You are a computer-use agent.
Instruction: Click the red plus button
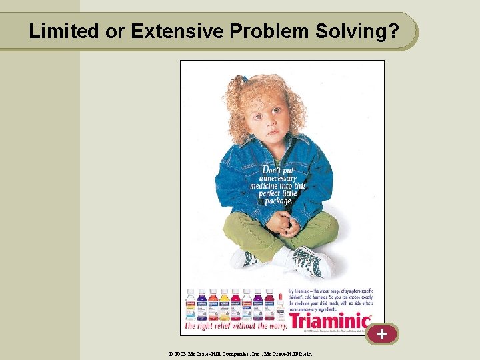coord(381,333)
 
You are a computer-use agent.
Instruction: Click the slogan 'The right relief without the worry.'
coord(235,326)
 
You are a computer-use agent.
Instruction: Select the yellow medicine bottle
coord(225,305)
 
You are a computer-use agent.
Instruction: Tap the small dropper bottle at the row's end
coord(281,307)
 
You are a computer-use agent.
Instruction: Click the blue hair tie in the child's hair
coord(245,79)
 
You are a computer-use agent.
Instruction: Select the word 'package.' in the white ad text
coord(278,201)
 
